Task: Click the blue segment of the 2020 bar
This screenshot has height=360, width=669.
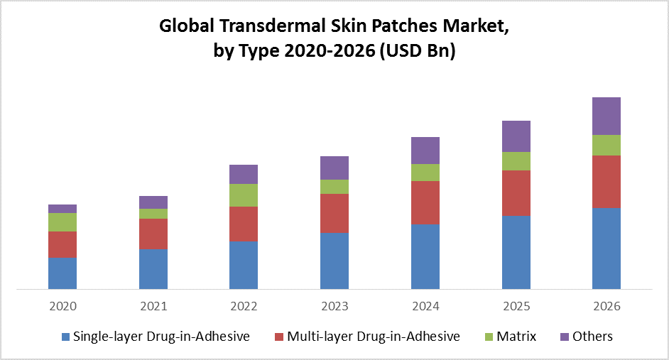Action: click(x=62, y=273)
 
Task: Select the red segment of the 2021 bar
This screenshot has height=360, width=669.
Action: click(x=153, y=234)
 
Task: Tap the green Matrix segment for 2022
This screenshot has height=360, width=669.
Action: click(x=244, y=195)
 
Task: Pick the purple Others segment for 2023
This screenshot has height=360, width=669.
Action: click(x=334, y=168)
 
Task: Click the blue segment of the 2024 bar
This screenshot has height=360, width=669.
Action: click(x=425, y=256)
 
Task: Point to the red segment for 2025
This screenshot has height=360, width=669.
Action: click(x=516, y=192)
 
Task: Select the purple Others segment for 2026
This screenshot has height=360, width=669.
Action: click(x=607, y=116)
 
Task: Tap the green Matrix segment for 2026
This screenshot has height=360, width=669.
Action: click(x=607, y=145)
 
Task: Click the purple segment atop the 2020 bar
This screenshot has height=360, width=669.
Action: click(x=62, y=209)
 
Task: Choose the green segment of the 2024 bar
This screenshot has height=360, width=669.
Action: click(x=425, y=173)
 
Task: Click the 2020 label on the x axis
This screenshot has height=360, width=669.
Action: click(x=62, y=306)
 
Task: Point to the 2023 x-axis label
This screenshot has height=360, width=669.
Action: click(x=334, y=306)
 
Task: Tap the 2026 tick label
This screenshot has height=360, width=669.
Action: click(x=607, y=306)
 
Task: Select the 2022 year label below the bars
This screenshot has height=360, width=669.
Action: click(x=244, y=306)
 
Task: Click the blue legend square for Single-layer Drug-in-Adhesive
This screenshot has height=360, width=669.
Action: click(x=66, y=337)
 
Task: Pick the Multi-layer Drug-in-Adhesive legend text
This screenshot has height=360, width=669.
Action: click(x=374, y=336)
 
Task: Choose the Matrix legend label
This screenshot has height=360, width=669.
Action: click(x=516, y=336)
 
